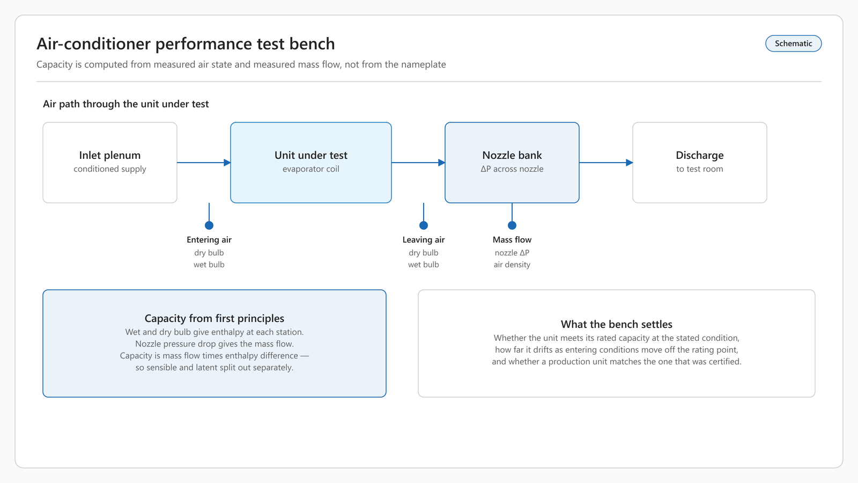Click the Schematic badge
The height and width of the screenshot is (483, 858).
(793, 43)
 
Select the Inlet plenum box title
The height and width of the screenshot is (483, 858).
(110, 155)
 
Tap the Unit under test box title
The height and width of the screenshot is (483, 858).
(311, 155)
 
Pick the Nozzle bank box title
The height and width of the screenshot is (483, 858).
(512, 155)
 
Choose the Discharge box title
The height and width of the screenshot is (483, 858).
(700, 155)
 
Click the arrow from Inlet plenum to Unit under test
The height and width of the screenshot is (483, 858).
(204, 163)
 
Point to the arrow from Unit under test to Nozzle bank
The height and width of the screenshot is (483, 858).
(418, 163)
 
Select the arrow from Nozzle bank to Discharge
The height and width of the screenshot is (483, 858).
(606, 163)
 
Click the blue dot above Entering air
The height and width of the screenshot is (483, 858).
(209, 225)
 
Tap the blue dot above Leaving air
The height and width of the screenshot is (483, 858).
(424, 225)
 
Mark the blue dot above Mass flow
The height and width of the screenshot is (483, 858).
(512, 225)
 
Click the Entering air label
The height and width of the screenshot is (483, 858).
(209, 239)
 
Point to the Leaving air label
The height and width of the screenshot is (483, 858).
(424, 239)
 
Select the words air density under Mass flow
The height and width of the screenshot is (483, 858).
(512, 265)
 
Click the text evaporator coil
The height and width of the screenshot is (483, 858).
(311, 169)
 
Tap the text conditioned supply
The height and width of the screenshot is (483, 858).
(110, 169)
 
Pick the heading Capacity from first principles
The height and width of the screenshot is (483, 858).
(214, 319)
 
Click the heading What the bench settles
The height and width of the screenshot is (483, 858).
(617, 324)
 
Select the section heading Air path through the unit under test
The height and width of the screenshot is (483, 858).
(125, 104)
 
